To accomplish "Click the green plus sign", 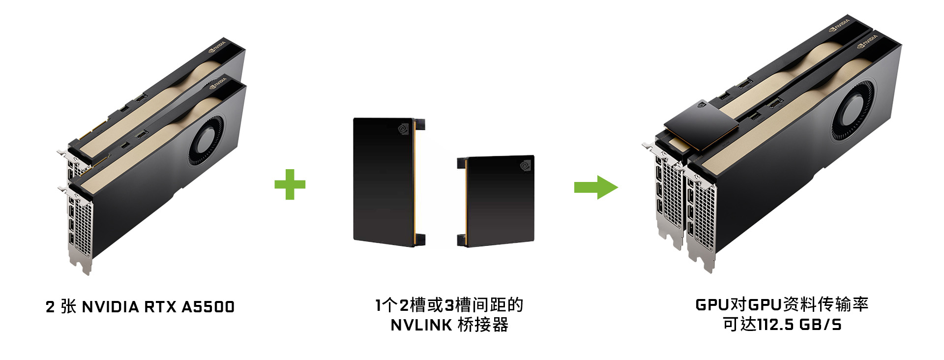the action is point(290,184).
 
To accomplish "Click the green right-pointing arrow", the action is point(596,187).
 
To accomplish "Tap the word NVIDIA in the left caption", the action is point(111,307).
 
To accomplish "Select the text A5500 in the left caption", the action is point(208,307).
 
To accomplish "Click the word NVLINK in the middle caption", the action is point(421,325).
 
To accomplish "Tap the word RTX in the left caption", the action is point(160,307).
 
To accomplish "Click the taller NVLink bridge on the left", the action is point(389,182).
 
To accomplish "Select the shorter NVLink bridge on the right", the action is point(496,201).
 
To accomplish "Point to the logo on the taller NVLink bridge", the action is point(403,129).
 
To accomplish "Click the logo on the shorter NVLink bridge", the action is point(526,166).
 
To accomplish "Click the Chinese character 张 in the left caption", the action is point(69,307).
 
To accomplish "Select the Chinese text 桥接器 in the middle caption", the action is point(483,325).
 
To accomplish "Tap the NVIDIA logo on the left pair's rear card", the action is point(218,48).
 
